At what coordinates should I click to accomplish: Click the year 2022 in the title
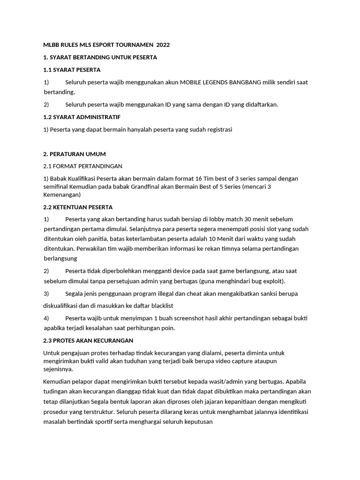(163, 45)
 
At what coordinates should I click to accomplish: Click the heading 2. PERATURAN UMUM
(74, 154)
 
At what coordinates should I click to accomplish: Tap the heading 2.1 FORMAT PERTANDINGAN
(82, 166)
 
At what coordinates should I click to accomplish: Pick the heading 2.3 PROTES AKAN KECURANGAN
(88, 340)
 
